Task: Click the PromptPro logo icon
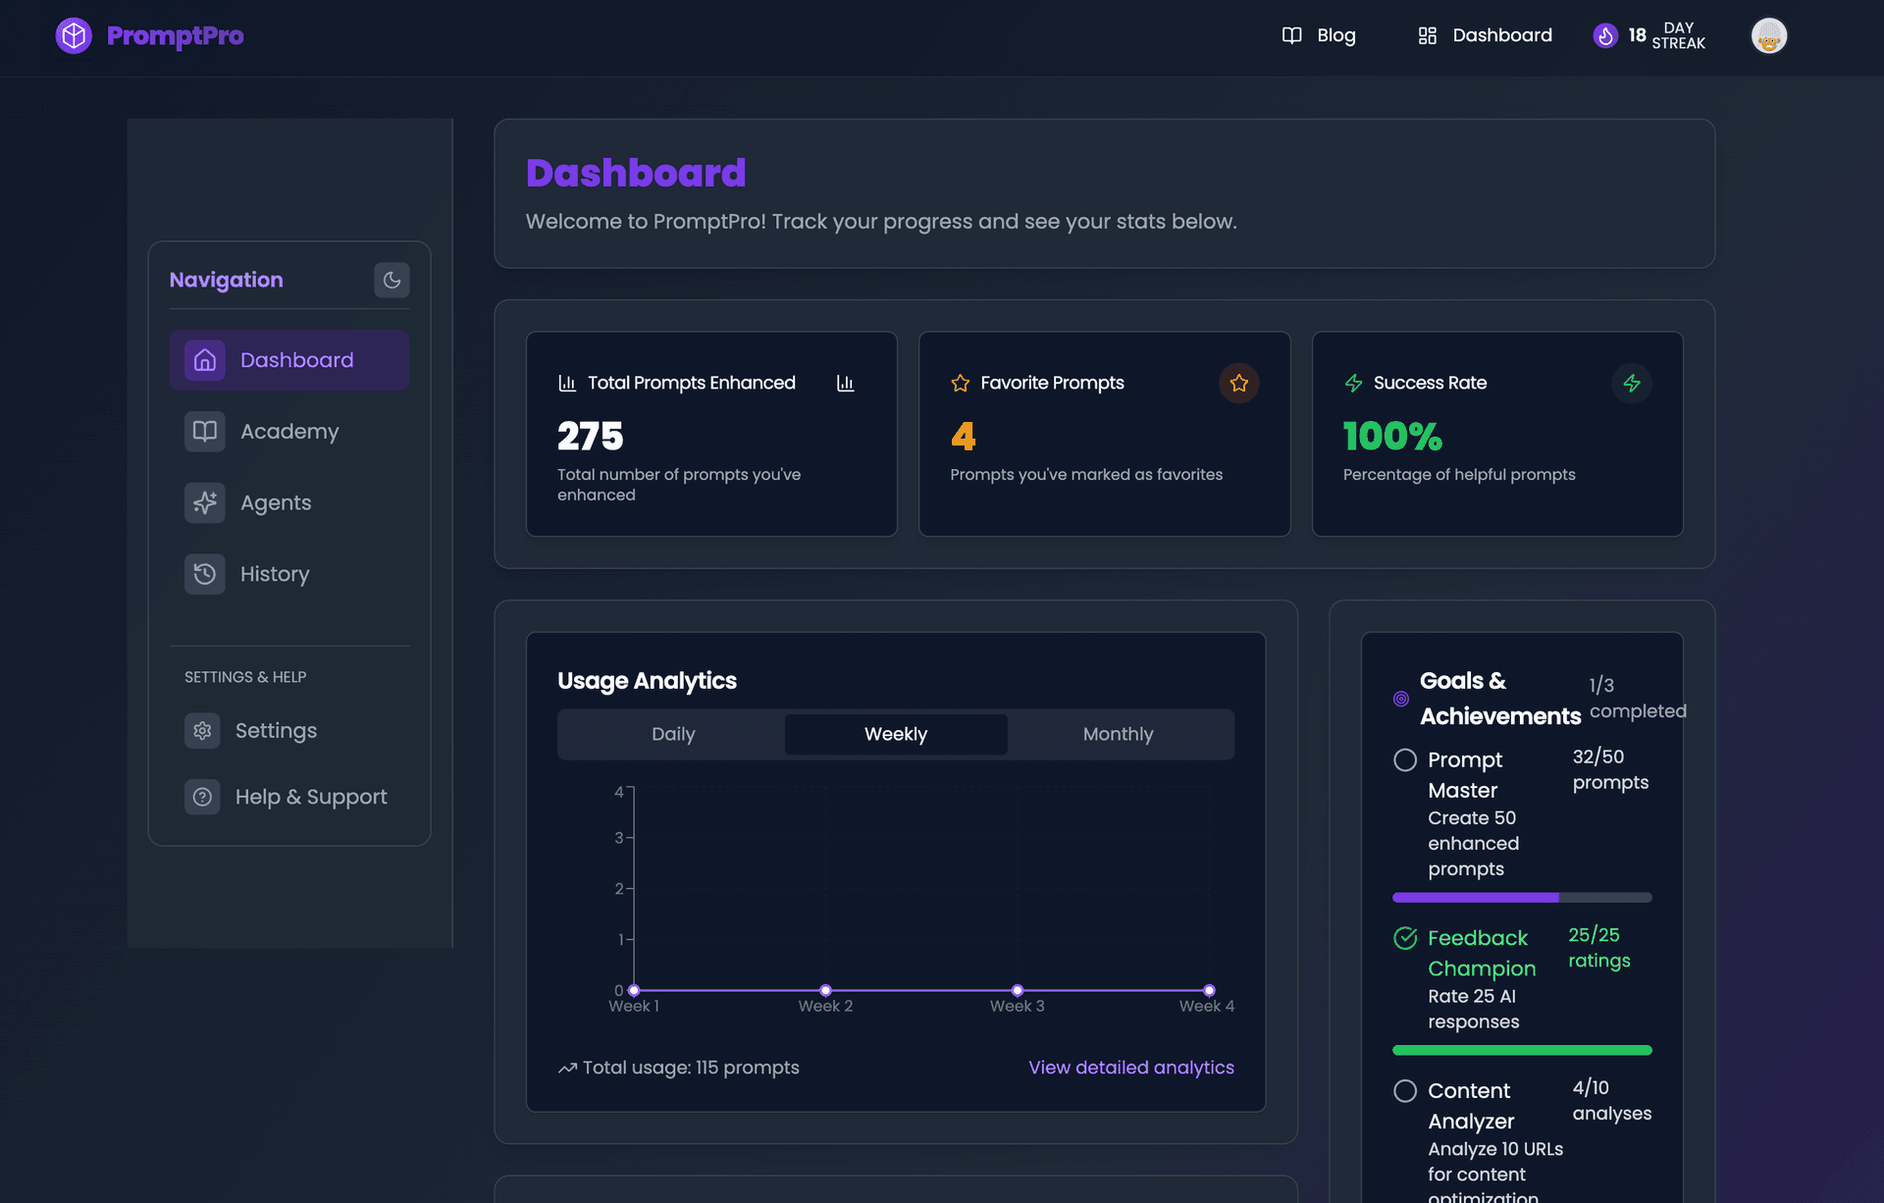tap(74, 36)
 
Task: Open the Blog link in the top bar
tap(1319, 36)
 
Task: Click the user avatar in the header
tap(1768, 36)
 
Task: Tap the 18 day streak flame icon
tap(1605, 36)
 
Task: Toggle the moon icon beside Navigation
tap(392, 281)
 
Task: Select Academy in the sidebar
tap(288, 432)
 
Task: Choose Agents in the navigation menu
tap(275, 503)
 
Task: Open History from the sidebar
tap(274, 574)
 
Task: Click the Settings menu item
tap(275, 731)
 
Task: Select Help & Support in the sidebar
tap(310, 797)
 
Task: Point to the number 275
tap(591, 437)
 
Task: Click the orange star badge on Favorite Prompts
tap(1238, 383)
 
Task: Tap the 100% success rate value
tap(1392, 437)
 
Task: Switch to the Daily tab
tap(673, 734)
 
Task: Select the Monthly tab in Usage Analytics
tap(1118, 734)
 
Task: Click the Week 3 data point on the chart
tap(1018, 990)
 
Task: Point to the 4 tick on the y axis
tap(619, 792)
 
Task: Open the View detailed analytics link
tap(1130, 1068)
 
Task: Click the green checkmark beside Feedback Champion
tap(1405, 938)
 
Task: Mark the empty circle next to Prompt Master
tap(1405, 760)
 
